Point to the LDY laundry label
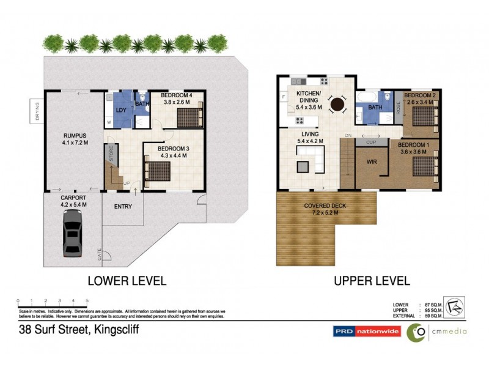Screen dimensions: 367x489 121,110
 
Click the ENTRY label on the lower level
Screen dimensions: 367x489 123,207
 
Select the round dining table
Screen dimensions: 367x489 337,105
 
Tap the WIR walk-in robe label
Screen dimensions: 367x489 371,163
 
